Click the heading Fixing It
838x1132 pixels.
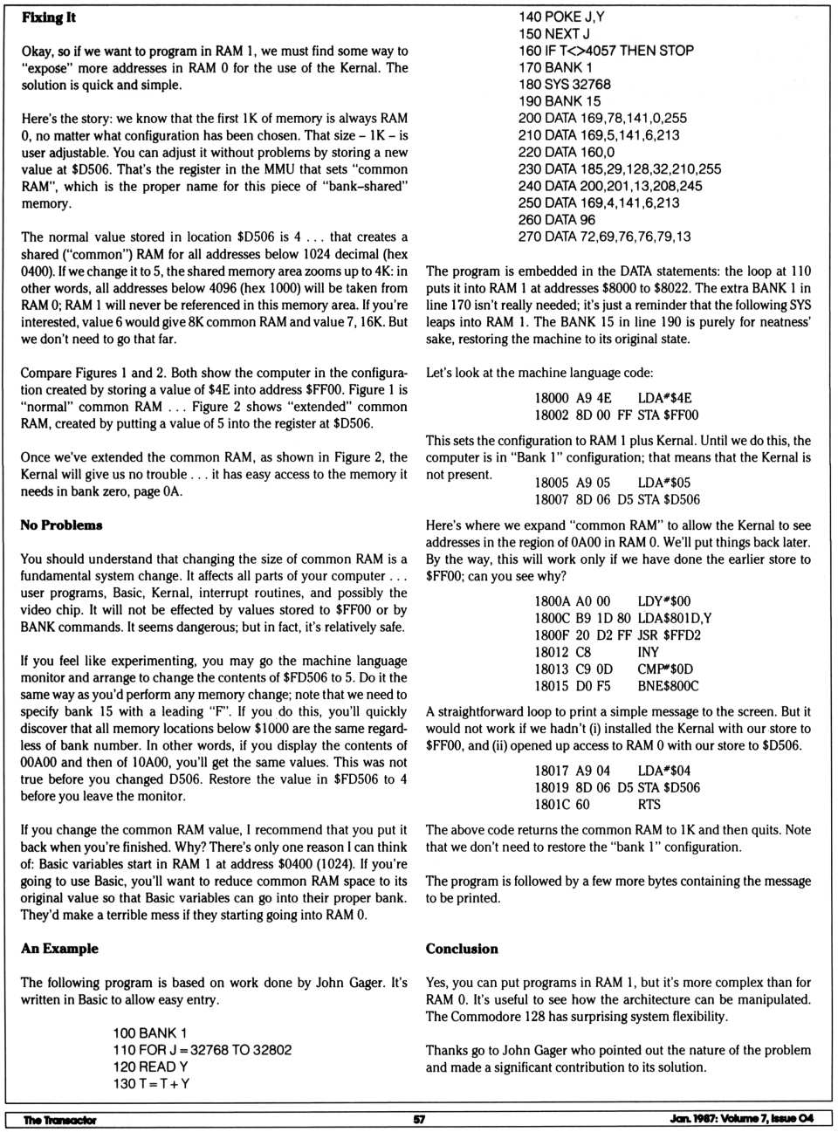click(x=49, y=17)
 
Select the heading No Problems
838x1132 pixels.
click(x=61, y=525)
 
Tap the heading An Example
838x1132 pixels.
click(x=59, y=949)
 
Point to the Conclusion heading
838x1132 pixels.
click(x=462, y=949)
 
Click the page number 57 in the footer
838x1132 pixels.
click(x=419, y=1120)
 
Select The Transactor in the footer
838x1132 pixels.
click(x=59, y=1120)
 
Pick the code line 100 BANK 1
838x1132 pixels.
click(x=149, y=1033)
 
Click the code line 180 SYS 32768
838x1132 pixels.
click(x=564, y=85)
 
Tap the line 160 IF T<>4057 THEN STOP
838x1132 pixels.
click(x=606, y=51)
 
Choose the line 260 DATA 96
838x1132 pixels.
click(x=556, y=220)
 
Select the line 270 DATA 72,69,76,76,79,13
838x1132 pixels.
click(x=604, y=237)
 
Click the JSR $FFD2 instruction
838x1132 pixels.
click(x=669, y=635)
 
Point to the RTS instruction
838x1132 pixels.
click(x=649, y=805)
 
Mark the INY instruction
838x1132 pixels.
click(x=649, y=652)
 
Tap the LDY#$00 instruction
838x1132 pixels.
click(x=663, y=601)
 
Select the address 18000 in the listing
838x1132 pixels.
click(x=552, y=398)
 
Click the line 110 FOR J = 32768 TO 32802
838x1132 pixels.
click(x=202, y=1050)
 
